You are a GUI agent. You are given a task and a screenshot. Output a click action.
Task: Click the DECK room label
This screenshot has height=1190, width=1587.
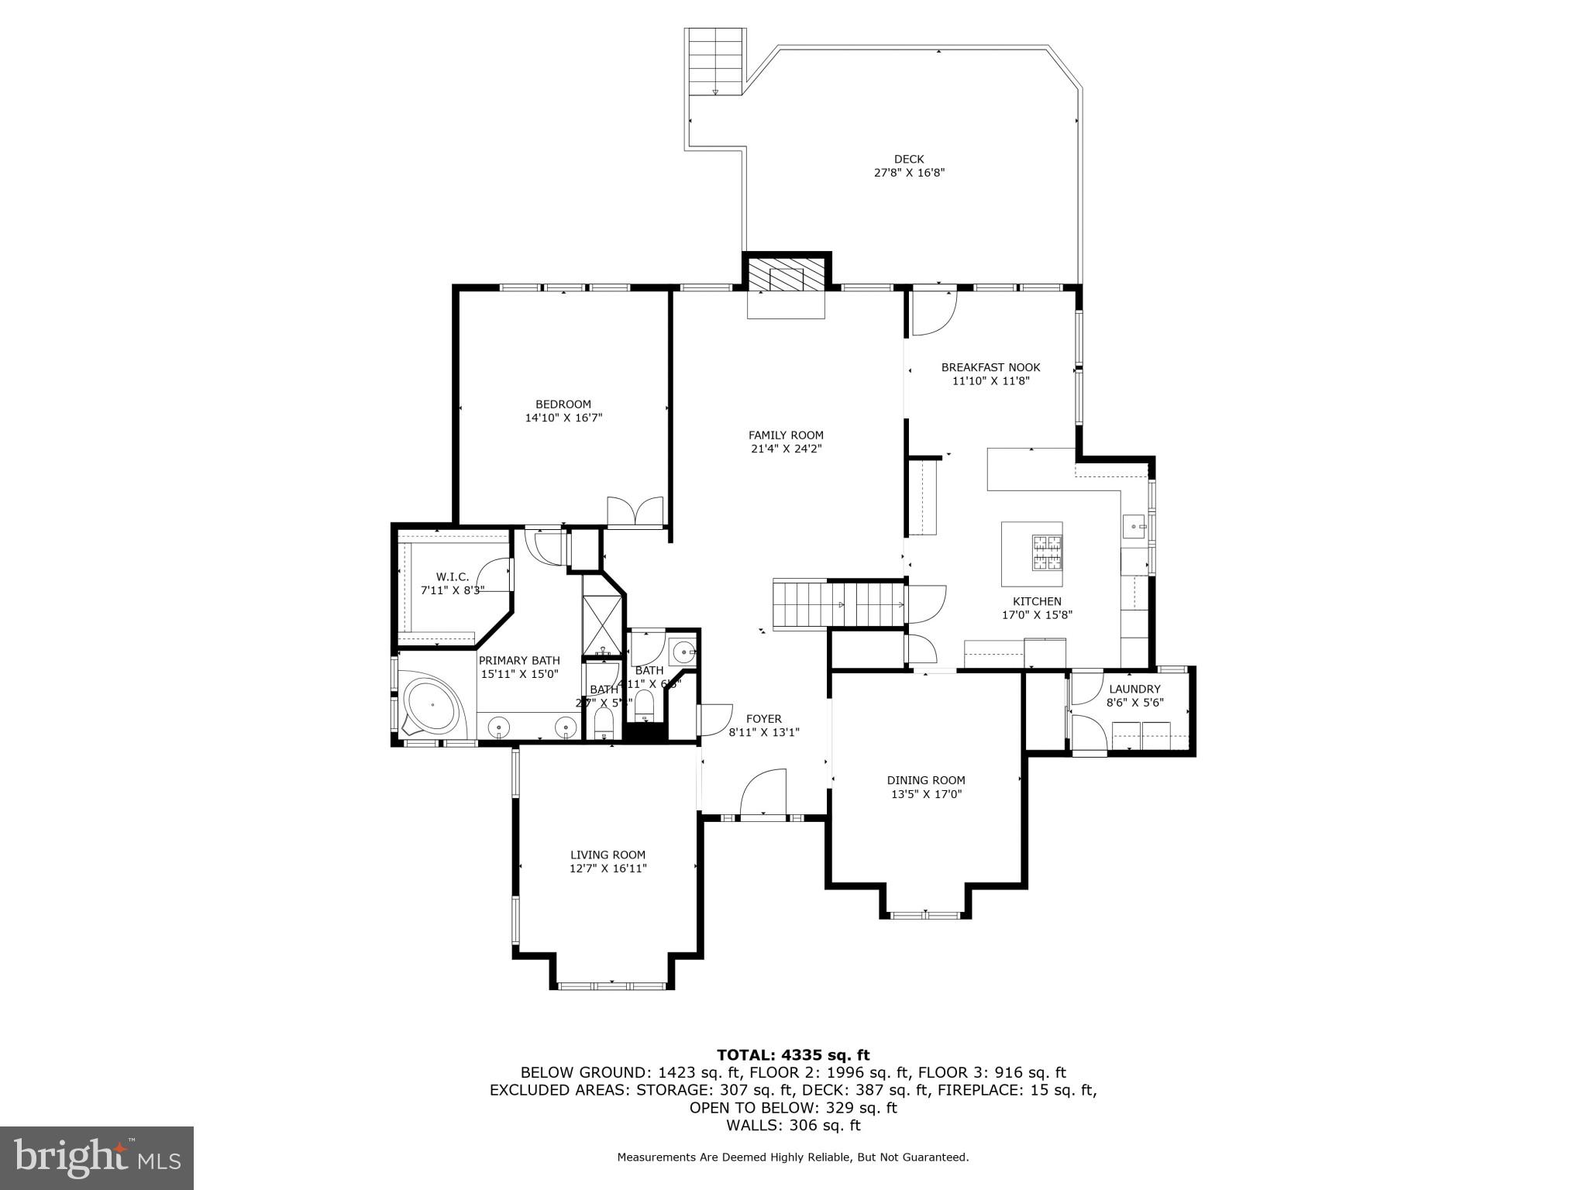909,160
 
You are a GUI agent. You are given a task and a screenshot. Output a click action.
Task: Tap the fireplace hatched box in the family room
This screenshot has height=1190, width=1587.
786,275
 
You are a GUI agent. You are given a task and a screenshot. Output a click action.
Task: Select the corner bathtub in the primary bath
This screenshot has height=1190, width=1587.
432,706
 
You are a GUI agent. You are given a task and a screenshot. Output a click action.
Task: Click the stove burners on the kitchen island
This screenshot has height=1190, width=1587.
1046,552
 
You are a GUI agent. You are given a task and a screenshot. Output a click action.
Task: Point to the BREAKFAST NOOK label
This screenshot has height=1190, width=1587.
990,367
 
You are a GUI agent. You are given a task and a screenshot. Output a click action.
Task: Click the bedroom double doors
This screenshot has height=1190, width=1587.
635,511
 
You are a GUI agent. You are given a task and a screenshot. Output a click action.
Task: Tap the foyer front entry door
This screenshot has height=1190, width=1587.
763,793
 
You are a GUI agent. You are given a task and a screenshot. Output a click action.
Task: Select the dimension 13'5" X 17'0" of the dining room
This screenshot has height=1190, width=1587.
925,794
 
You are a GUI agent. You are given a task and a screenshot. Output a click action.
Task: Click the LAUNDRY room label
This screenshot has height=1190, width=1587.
1134,689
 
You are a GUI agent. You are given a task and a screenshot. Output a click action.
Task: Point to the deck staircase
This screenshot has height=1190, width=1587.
715,62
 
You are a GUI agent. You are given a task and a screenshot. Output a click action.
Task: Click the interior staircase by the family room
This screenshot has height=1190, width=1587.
838,604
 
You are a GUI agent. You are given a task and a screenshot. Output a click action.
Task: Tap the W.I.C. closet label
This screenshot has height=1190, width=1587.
453,576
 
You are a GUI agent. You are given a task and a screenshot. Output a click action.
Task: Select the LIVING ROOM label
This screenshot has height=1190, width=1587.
608,855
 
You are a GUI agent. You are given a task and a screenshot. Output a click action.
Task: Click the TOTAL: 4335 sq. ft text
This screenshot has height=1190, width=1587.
793,1054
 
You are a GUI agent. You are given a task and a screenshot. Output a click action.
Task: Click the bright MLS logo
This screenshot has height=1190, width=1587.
97,1157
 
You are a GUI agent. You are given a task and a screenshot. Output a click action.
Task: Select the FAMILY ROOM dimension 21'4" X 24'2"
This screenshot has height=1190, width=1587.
786,449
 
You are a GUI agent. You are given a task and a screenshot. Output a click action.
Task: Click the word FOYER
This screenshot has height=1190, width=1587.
763,718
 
